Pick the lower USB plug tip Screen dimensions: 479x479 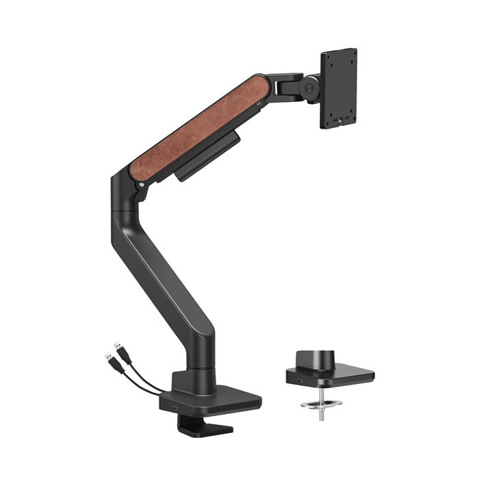108,357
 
